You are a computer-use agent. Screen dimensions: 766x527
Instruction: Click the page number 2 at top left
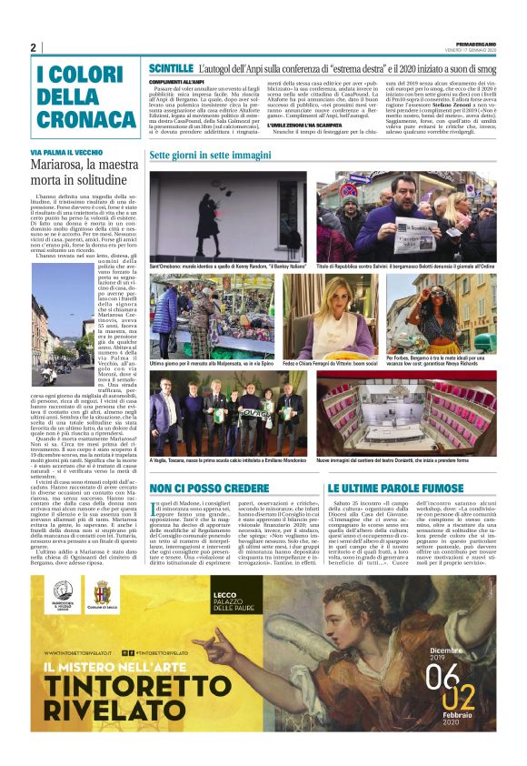(34, 47)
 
